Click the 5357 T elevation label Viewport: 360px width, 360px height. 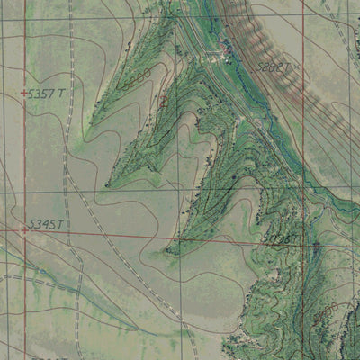(x=47, y=93)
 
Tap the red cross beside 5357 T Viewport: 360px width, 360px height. (x=23, y=93)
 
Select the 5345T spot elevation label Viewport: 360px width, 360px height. (x=47, y=224)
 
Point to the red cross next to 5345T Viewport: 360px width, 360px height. (x=23, y=230)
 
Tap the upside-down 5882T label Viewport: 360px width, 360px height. (x=274, y=67)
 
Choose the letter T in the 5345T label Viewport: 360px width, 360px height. (x=62, y=224)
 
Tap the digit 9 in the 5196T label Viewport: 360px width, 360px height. (x=278, y=238)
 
